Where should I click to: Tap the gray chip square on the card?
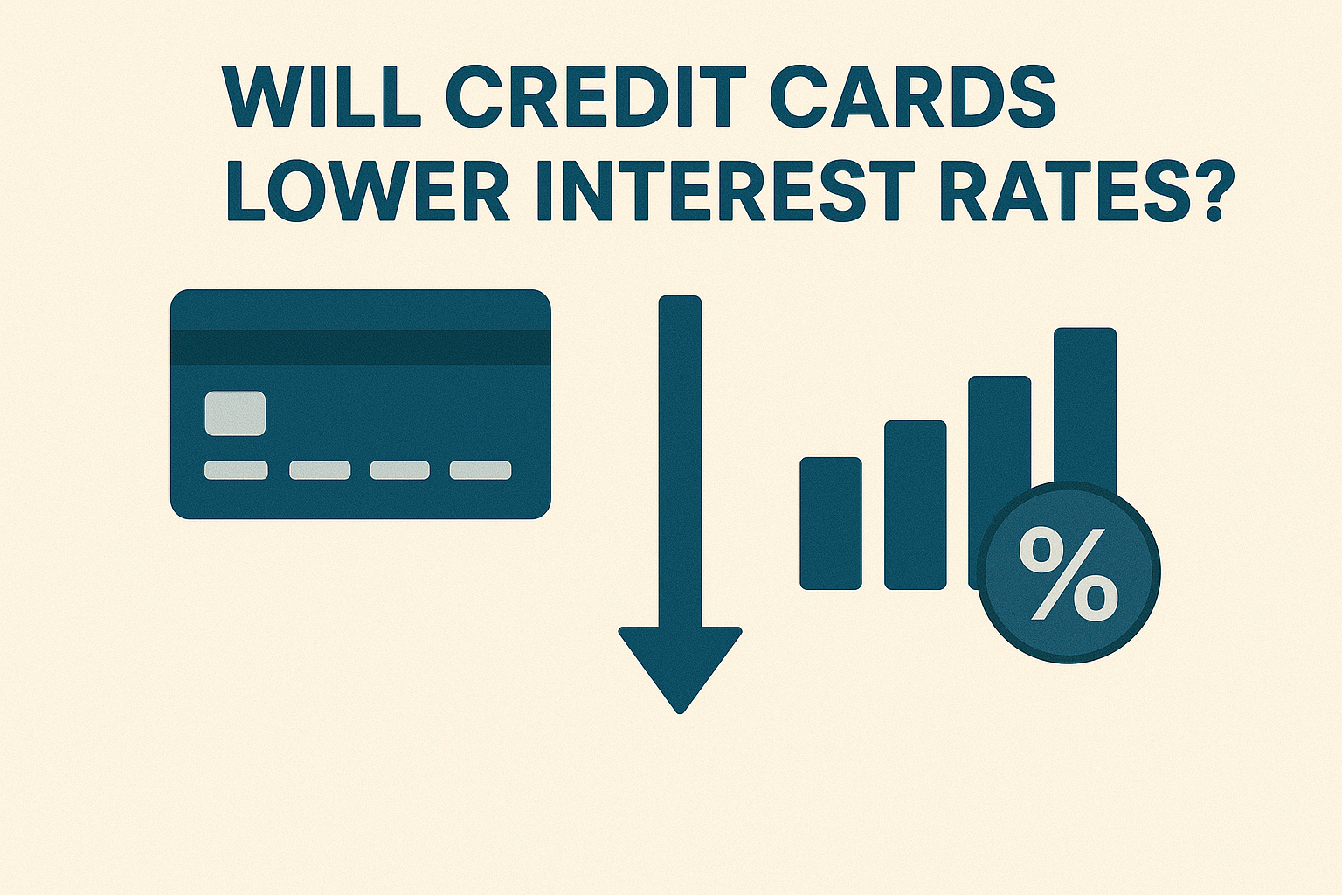(x=235, y=413)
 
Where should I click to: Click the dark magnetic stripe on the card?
(x=360, y=347)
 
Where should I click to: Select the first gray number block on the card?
(x=236, y=470)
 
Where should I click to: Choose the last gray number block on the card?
(x=481, y=470)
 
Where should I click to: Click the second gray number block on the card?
(x=320, y=470)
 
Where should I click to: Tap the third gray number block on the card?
(x=400, y=470)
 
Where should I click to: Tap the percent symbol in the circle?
(x=1069, y=573)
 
